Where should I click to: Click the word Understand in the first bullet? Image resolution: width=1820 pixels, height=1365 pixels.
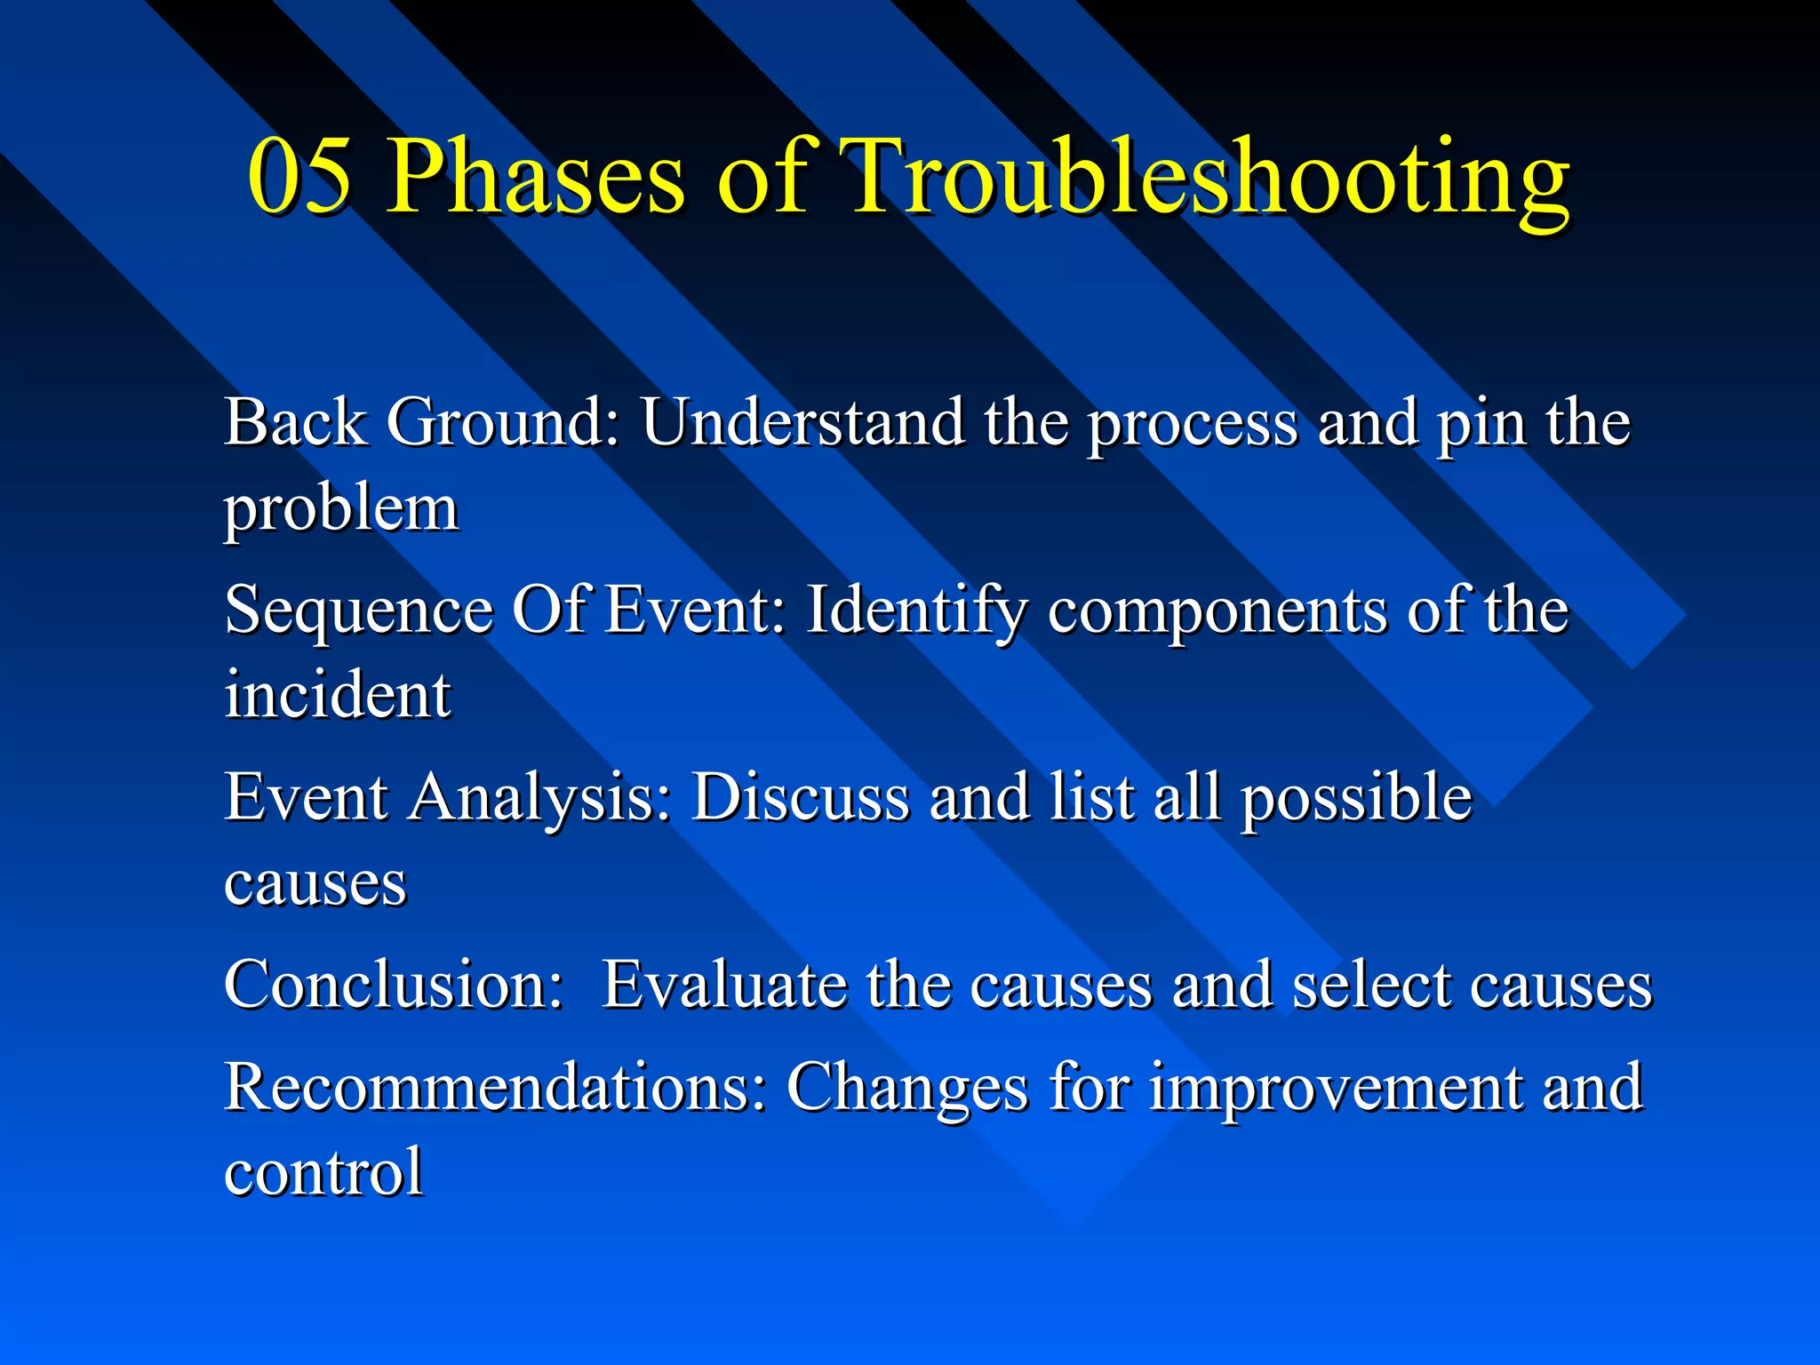[x=802, y=421]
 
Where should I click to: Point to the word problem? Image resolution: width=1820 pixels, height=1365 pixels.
[x=340, y=511]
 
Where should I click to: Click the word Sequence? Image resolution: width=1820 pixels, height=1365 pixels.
[x=358, y=611]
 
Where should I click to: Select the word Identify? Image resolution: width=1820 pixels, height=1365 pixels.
[x=915, y=611]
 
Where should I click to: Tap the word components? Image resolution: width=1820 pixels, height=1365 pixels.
[x=1217, y=611]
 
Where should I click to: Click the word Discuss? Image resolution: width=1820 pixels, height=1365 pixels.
[x=801, y=797]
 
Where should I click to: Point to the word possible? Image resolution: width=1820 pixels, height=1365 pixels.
[x=1357, y=797]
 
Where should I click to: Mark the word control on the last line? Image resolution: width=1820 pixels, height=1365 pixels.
[x=323, y=1172]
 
